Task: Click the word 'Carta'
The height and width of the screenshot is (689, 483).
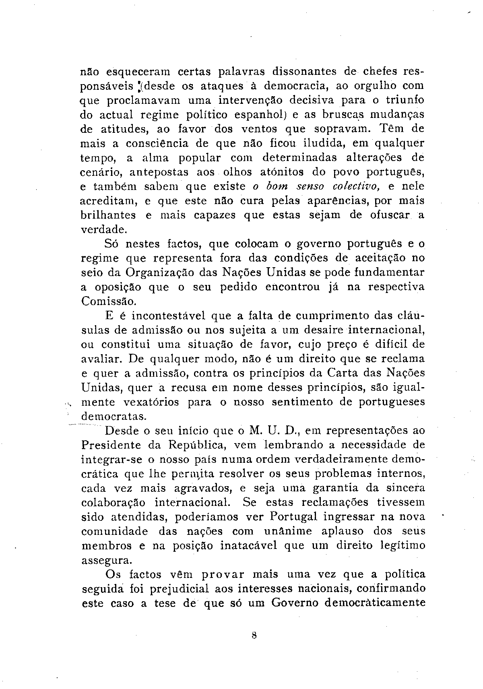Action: pyautogui.click(x=338, y=373)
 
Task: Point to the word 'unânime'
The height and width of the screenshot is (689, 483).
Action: pyautogui.click(x=288, y=531)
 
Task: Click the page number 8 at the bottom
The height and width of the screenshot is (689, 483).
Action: pyautogui.click(x=254, y=636)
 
